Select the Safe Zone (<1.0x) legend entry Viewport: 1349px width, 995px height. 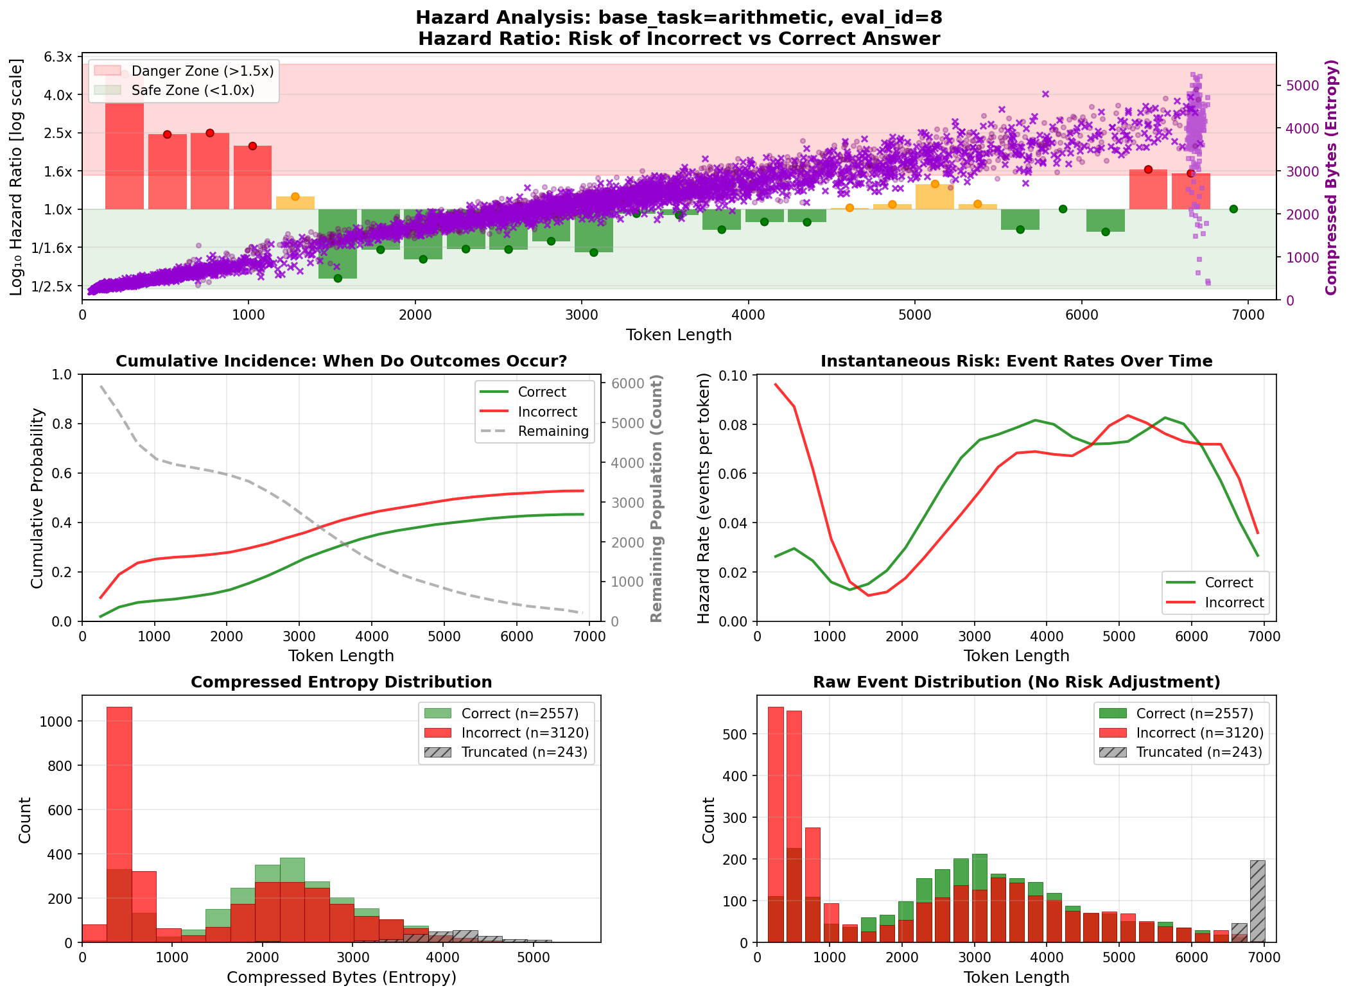(193, 91)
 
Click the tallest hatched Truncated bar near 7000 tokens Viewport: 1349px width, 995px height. (1257, 900)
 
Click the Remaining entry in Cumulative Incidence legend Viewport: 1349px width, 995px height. (553, 431)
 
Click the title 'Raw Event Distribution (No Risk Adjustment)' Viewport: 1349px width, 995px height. (1016, 682)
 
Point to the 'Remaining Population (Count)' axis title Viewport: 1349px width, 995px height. (656, 498)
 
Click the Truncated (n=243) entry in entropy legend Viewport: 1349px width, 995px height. (524, 752)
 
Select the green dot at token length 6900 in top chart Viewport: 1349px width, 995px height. (1233, 209)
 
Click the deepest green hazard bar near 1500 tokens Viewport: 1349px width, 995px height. (338, 244)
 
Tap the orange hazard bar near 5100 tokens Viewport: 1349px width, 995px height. (934, 196)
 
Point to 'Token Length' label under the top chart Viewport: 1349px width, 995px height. (679, 334)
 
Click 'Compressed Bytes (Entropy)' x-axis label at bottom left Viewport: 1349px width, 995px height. (341, 977)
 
